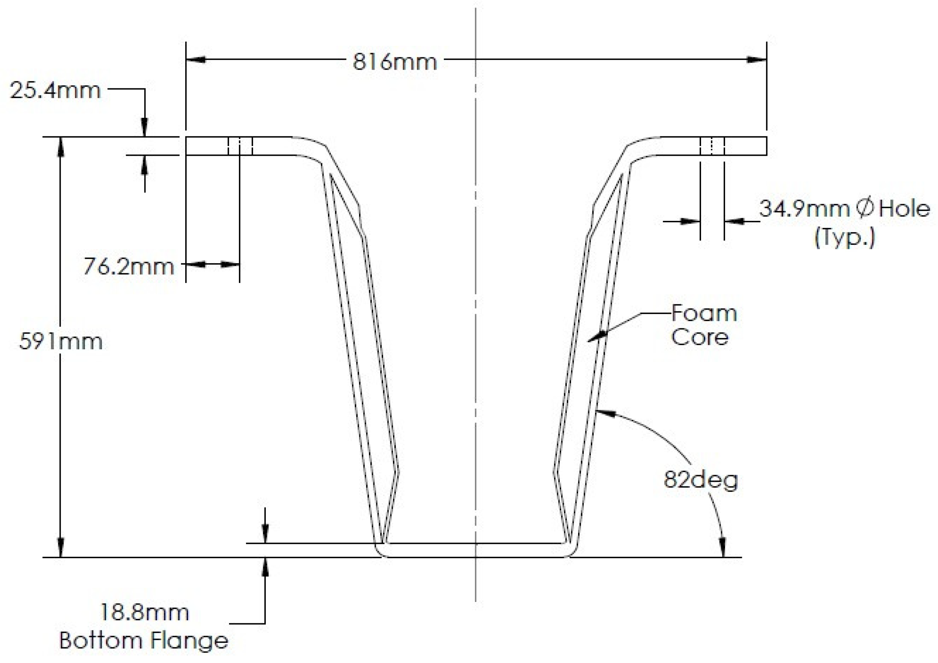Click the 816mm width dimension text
point(394,62)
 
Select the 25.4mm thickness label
point(55,90)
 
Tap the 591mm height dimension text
point(61,341)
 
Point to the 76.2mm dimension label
point(129,267)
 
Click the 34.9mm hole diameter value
point(804,209)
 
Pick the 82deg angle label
point(701,480)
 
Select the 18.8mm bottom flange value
point(144,612)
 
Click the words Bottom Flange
point(144,641)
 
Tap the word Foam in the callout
point(704,314)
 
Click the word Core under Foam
point(699,337)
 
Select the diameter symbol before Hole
point(864,209)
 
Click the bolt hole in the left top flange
point(240,146)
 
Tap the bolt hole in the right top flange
point(712,146)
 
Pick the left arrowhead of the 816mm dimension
point(196,60)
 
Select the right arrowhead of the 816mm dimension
point(757,60)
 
